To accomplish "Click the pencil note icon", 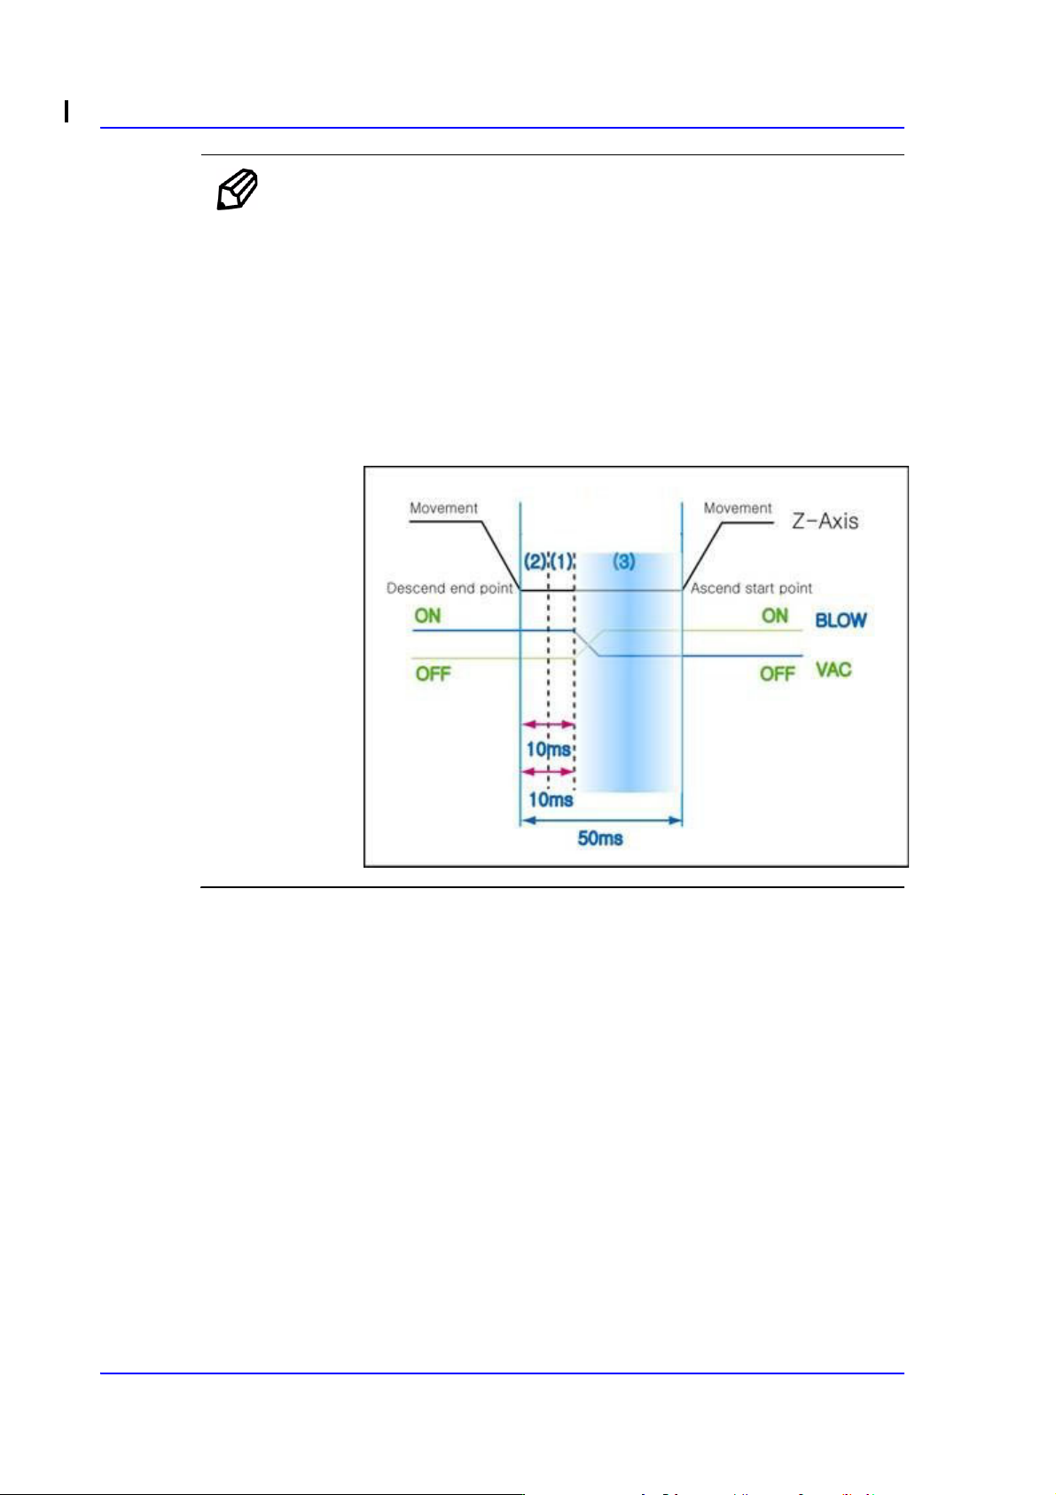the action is pos(238,189).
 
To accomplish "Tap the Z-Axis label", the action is pos(825,521).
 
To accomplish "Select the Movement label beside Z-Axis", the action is pos(738,508).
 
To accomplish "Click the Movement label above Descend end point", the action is pos(443,508).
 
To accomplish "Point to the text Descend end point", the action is pos(450,588).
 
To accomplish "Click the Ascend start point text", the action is pos(751,588).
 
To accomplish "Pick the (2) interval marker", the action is pos(535,562).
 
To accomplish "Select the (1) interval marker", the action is pos(562,562).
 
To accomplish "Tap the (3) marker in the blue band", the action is pos(624,562).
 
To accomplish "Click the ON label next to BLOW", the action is pos(775,616).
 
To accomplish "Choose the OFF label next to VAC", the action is pos(777,673).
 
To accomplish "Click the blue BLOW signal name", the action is pos(841,620).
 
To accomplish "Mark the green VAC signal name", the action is pos(833,669).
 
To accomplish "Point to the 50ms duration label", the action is pos(600,838).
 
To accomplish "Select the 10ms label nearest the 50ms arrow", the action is pos(551,799).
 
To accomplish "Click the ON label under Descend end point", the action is pos(427,616).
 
